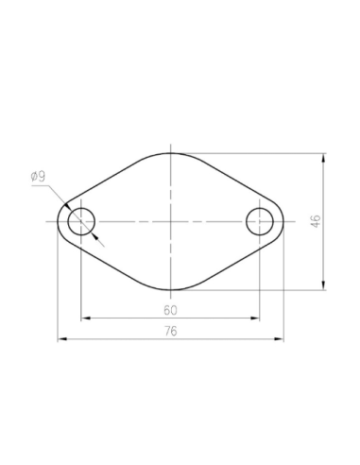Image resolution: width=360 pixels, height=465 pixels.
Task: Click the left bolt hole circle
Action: (x=81, y=221)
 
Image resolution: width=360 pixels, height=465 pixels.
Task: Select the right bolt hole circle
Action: (x=260, y=221)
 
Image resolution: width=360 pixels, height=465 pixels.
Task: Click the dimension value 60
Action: (x=170, y=309)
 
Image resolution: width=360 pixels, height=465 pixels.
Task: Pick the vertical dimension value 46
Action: (x=317, y=221)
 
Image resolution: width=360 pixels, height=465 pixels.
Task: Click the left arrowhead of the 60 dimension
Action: (x=85, y=317)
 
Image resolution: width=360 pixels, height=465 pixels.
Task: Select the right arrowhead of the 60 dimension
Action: (x=256, y=317)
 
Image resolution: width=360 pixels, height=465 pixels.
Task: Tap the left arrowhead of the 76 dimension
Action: (x=62, y=337)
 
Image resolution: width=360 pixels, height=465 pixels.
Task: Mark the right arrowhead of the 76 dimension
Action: (x=279, y=337)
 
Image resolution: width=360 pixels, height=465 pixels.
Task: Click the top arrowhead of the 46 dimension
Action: (x=325, y=157)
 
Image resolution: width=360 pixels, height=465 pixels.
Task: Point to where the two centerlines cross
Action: (x=171, y=221)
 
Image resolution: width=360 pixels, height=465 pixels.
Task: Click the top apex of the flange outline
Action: (x=171, y=152)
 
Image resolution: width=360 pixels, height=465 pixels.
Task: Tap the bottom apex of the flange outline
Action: (x=171, y=290)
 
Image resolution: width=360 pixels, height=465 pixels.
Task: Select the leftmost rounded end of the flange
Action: (x=59, y=221)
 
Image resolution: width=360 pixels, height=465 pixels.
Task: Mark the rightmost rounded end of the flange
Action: (x=283, y=221)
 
